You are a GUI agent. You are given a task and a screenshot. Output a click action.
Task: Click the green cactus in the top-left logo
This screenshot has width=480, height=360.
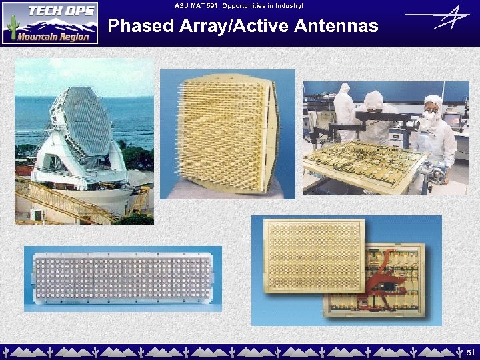(11, 25)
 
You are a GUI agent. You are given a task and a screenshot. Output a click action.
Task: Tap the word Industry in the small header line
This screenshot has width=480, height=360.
(287, 5)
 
